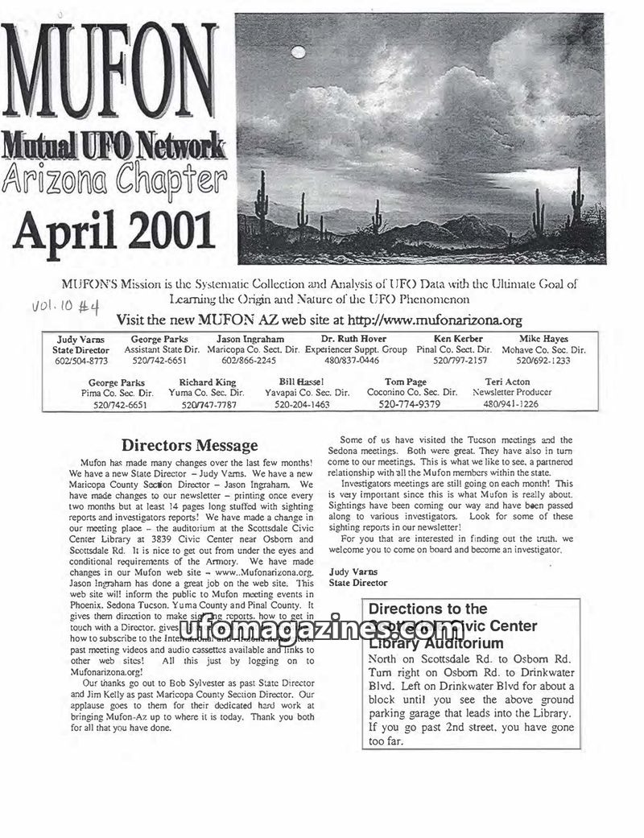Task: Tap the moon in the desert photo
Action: [x=299, y=53]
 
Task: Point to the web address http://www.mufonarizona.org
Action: [x=430, y=320]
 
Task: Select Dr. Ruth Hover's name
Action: [x=353, y=339]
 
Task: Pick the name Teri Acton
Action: [x=507, y=382]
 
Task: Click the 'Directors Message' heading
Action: [x=189, y=445]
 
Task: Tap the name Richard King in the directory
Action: [x=207, y=382]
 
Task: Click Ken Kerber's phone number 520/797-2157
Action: [x=453, y=361]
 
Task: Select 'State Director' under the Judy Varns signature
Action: [x=358, y=583]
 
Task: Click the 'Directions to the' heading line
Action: [x=427, y=609]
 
